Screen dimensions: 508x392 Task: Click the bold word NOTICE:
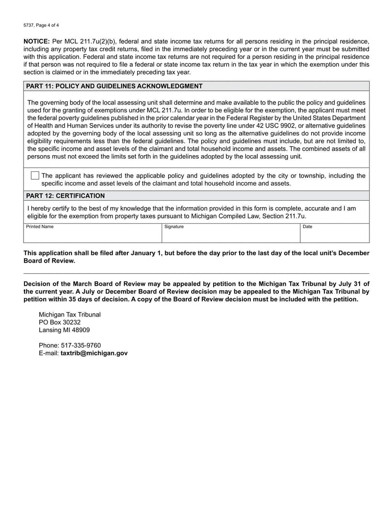[x=36, y=41]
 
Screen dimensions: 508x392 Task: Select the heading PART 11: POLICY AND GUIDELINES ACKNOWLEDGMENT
[x=114, y=86]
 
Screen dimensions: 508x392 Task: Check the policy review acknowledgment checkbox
[x=35, y=176]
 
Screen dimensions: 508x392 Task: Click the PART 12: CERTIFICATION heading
[x=65, y=196]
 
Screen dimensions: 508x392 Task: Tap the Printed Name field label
[x=40, y=227]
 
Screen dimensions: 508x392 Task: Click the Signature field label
[x=174, y=227]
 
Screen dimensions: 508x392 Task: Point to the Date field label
[x=307, y=227]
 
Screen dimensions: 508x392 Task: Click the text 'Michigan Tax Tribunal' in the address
[x=70, y=315]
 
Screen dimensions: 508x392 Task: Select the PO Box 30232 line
[x=59, y=322]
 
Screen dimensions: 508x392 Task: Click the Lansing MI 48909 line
[x=64, y=330]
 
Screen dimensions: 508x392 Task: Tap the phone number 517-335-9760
[x=81, y=345]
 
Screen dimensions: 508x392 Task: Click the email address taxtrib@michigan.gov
[x=94, y=353]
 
